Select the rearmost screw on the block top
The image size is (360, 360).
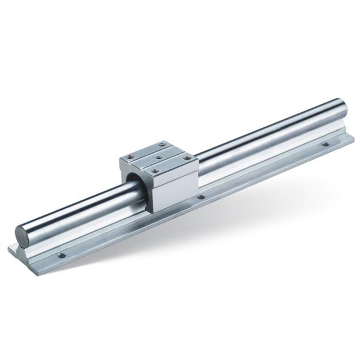(x=162, y=145)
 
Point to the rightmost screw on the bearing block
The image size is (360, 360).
(x=187, y=158)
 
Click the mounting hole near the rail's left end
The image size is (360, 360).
(x=61, y=255)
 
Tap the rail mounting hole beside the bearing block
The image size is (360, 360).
(x=201, y=196)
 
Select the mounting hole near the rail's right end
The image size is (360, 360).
(x=325, y=144)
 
